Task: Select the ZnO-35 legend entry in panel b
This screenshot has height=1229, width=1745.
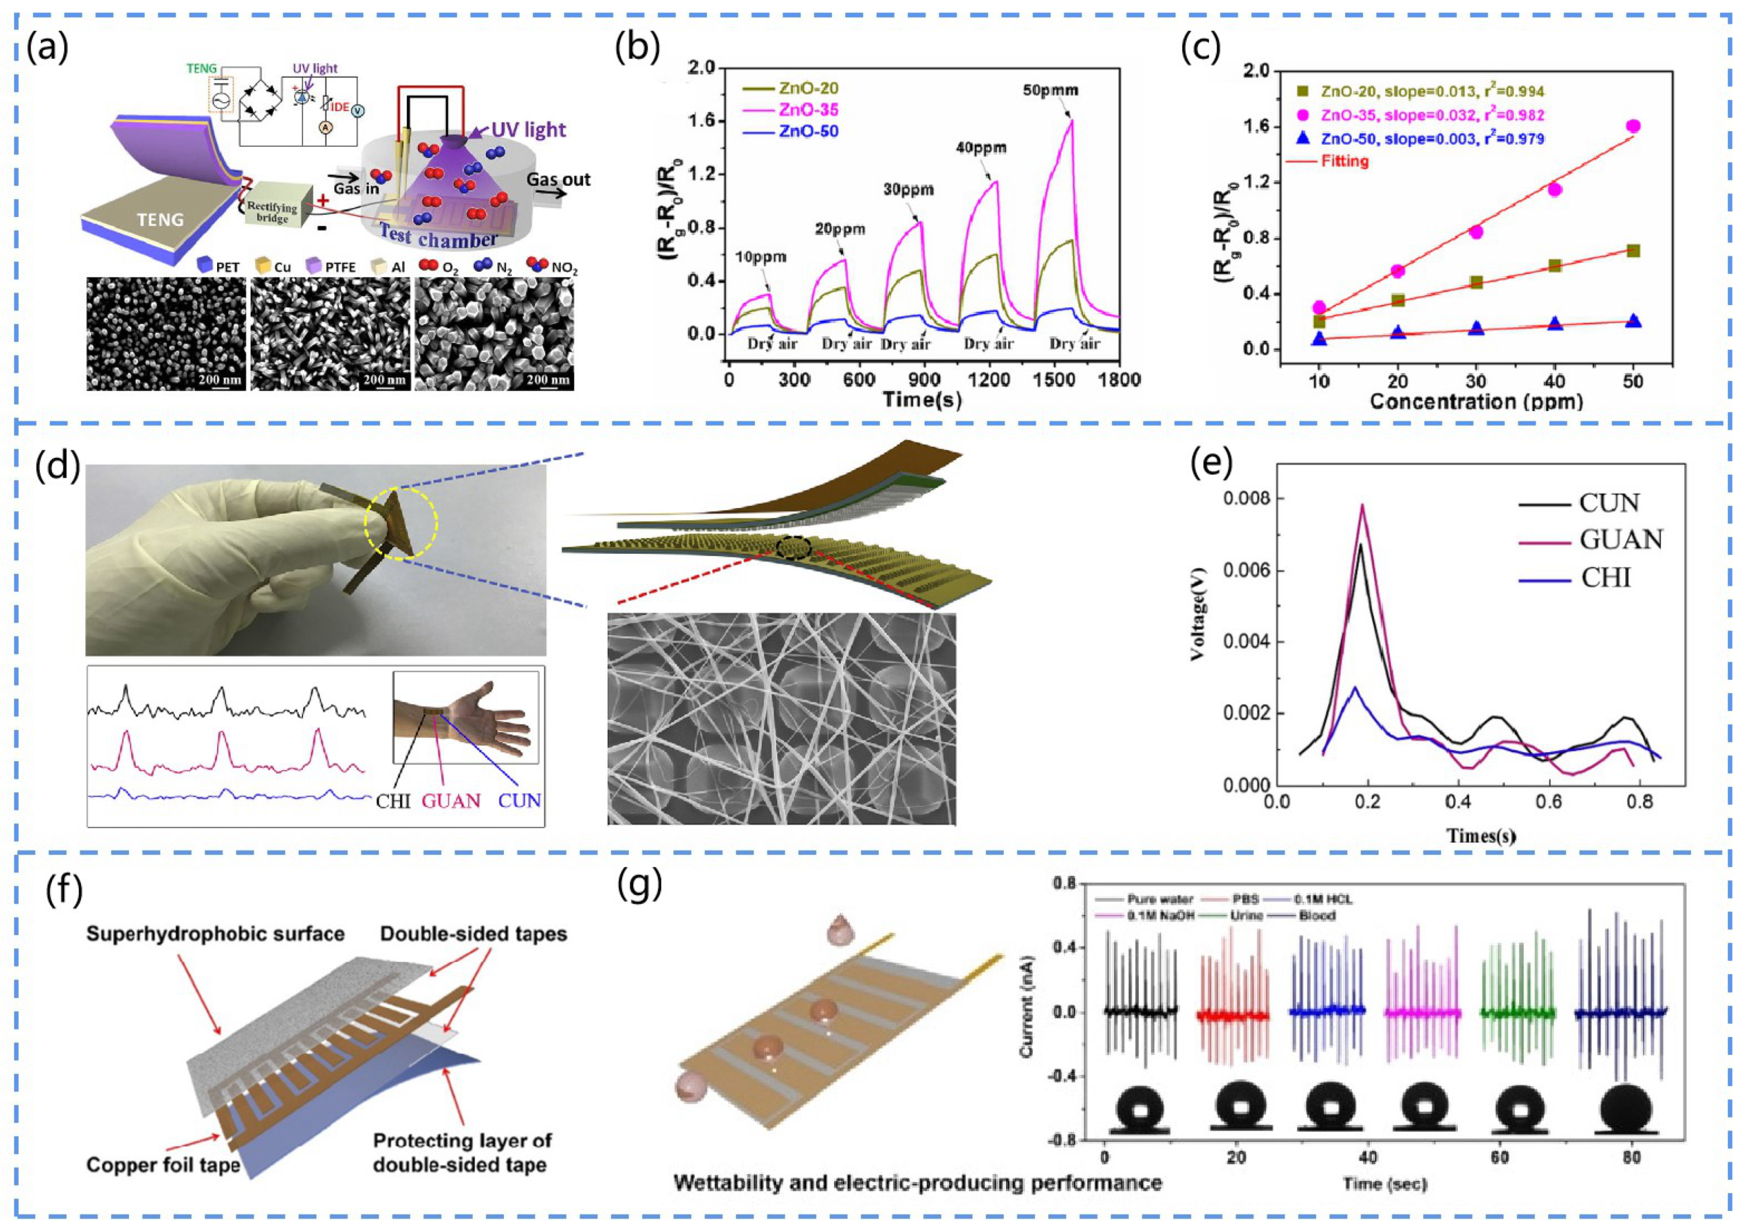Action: pyautogui.click(x=808, y=110)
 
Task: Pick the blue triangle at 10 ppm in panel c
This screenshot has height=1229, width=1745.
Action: pyautogui.click(x=1319, y=339)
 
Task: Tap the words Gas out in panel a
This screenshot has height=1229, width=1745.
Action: pyautogui.click(x=559, y=180)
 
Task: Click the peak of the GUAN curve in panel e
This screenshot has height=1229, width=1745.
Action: pyautogui.click(x=1363, y=505)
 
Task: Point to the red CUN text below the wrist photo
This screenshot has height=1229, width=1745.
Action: pyautogui.click(x=519, y=801)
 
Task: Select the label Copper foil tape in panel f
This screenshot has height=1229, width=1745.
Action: pyautogui.click(x=163, y=1165)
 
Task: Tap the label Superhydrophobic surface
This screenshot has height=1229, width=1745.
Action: pyautogui.click(x=215, y=933)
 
